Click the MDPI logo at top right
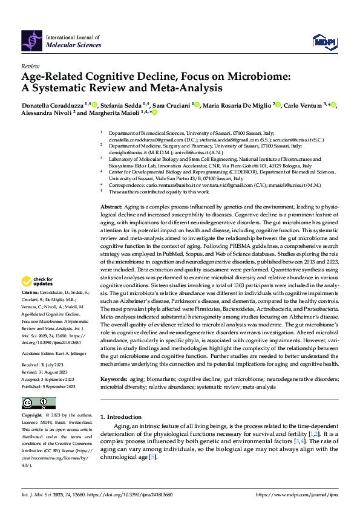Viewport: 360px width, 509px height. click(x=324, y=41)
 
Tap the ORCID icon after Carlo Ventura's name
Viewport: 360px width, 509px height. click(x=333, y=105)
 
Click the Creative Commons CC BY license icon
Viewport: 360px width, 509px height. click(x=35, y=403)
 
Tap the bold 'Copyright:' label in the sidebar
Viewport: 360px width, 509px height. click(x=32, y=416)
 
